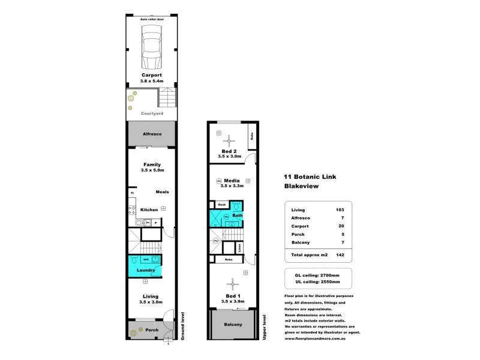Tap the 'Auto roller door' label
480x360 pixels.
[x=151, y=19]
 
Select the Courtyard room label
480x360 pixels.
[x=152, y=113]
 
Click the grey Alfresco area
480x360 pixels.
[x=151, y=134]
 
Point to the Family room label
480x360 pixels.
[x=151, y=164]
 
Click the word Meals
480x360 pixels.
[x=162, y=192]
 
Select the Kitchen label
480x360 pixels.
[x=149, y=209]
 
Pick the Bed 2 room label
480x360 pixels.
[x=229, y=151]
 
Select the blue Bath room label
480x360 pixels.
[x=237, y=215]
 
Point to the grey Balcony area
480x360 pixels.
[x=233, y=325]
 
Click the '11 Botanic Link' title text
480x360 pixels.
[x=307, y=177]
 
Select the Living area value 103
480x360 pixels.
[x=340, y=209]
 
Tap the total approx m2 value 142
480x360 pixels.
[x=340, y=255]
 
